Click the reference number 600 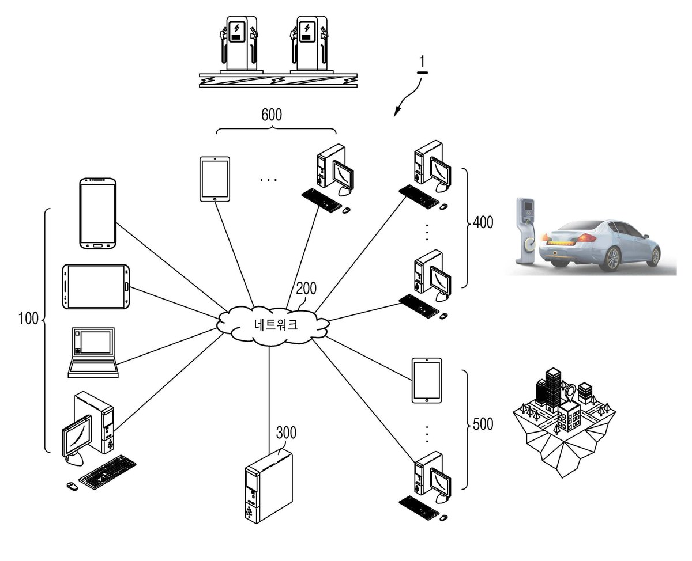click(271, 115)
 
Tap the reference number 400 click(483, 222)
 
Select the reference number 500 click(483, 424)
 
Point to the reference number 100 click(28, 319)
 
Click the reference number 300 click(286, 433)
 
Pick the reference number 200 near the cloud click(306, 288)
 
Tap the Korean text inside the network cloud click(276, 324)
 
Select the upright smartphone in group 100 click(98, 213)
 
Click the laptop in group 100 click(93, 352)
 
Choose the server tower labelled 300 click(268, 485)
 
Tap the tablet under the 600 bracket click(215, 179)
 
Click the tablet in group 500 click(427, 381)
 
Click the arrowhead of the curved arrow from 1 click(396, 112)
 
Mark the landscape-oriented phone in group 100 click(96, 286)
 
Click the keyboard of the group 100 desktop click(107, 472)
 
